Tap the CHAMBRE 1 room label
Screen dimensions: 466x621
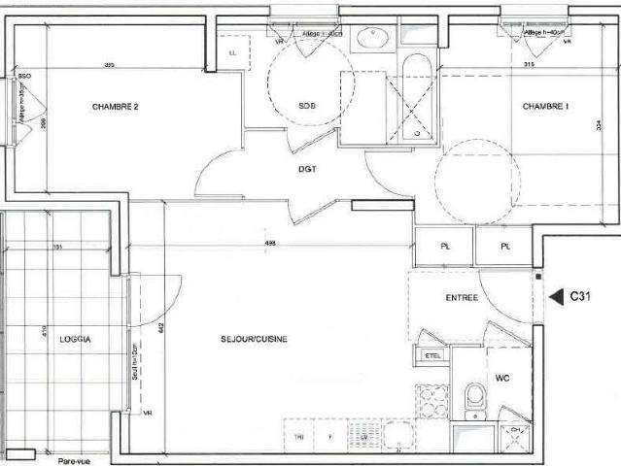(545, 106)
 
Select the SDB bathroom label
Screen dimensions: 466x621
(307, 106)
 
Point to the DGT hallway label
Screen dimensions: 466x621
(309, 169)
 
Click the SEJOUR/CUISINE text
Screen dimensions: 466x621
(256, 339)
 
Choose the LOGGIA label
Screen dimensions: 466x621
(75, 339)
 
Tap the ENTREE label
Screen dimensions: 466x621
(462, 298)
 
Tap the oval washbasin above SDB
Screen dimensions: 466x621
(370, 39)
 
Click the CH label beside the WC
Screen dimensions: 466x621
(516, 431)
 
